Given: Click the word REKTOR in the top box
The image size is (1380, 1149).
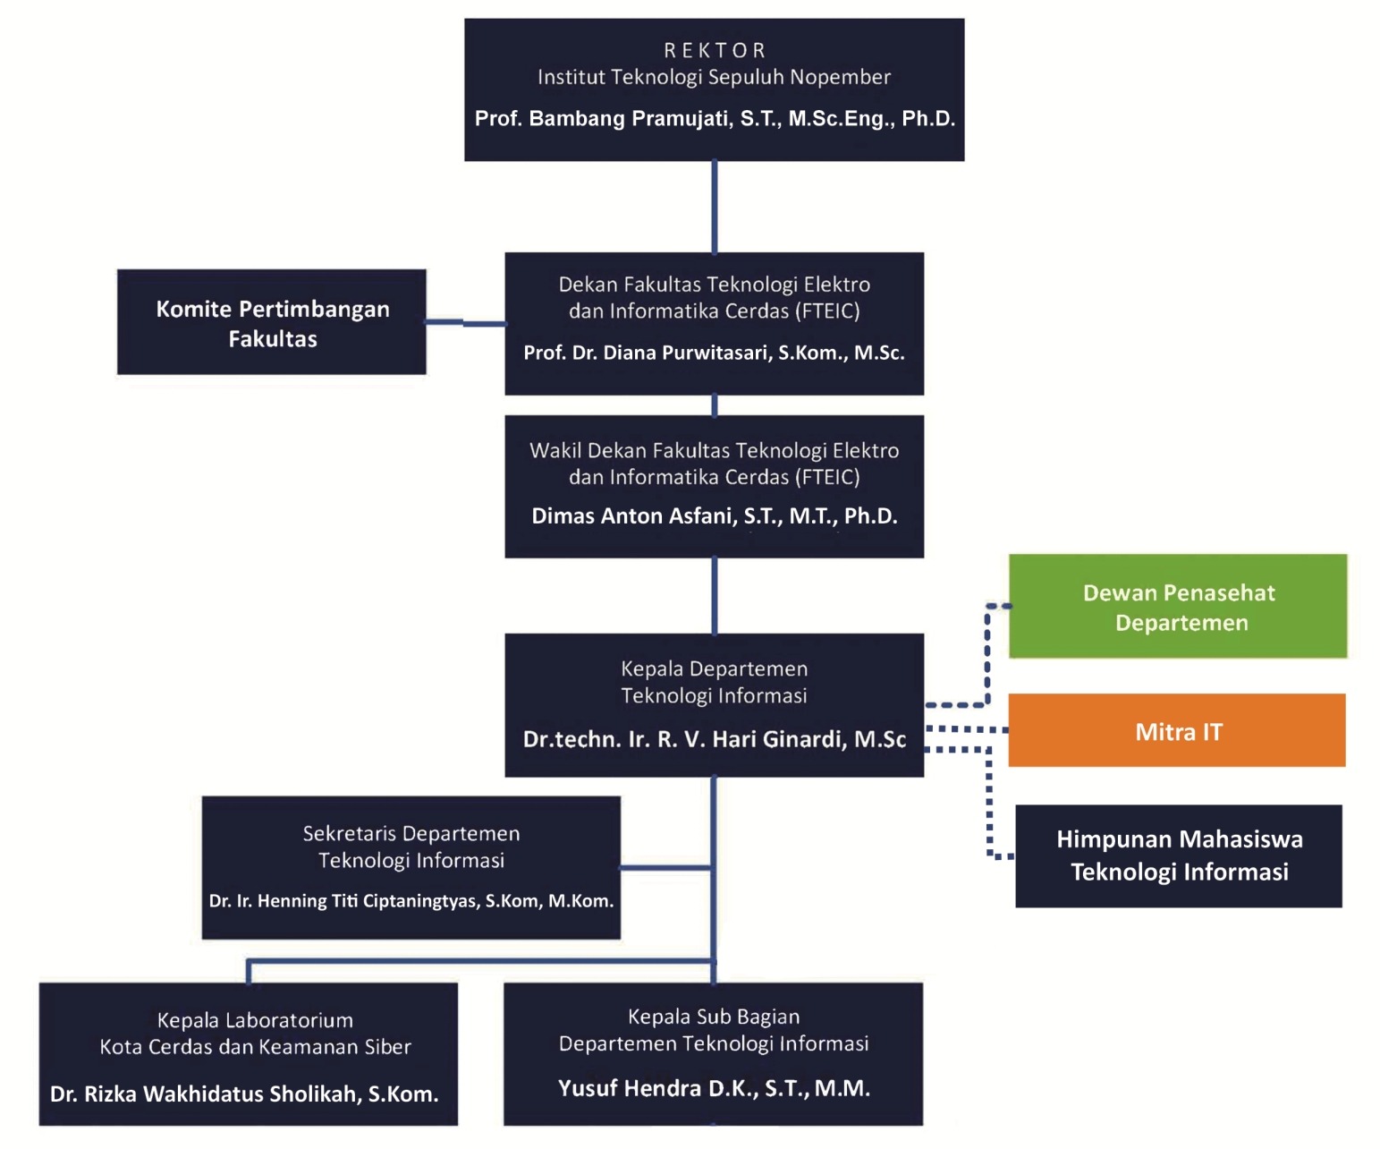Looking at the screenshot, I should (x=714, y=50).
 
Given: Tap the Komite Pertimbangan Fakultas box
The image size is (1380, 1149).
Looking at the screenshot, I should (x=272, y=323).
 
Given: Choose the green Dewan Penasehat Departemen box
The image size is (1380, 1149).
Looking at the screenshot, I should (x=1178, y=607).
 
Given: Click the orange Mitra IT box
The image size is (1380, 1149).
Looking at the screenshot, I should (x=1177, y=731).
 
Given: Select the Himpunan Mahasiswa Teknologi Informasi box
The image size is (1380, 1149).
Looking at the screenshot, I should (x=1179, y=855).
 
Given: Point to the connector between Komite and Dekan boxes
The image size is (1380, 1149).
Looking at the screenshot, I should (x=465, y=323).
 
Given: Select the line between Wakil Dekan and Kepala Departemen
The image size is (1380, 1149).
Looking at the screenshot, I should (x=714, y=596).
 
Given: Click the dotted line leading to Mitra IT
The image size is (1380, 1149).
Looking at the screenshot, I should (x=966, y=729).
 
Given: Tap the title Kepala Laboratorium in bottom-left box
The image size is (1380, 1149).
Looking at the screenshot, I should (x=255, y=1020).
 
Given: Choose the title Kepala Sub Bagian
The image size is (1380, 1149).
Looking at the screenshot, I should (x=714, y=1017).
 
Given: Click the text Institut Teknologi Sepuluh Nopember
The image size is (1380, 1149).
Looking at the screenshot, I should (x=714, y=78).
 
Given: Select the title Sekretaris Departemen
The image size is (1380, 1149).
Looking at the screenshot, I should (x=411, y=833).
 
